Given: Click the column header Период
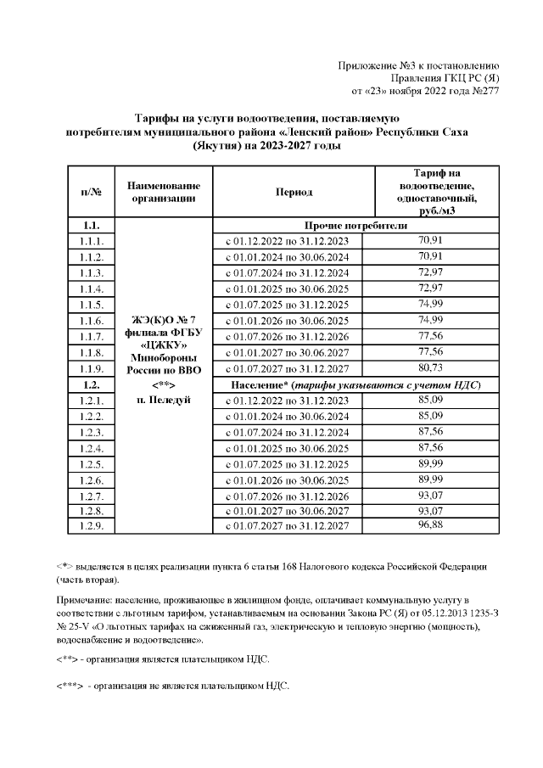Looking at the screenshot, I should coord(293,192).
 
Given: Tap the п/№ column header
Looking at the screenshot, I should coord(91,192).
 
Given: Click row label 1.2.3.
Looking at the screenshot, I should coord(91,432).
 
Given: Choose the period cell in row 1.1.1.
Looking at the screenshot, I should coord(293,241).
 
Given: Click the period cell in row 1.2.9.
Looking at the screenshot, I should coord(293,527).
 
